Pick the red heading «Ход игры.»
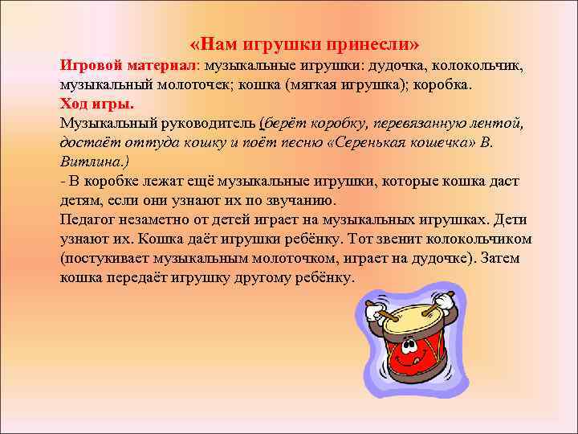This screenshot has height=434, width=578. click(97, 104)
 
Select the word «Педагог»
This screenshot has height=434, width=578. click(87, 220)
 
